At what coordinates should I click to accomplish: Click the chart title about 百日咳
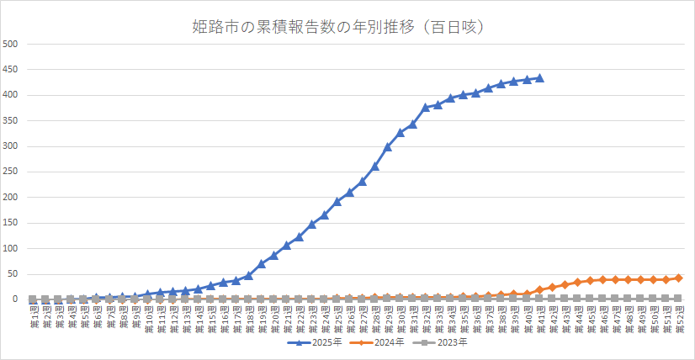tap(347, 27)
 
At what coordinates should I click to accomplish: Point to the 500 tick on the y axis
tap(12, 44)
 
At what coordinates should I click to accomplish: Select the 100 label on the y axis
tap(12, 248)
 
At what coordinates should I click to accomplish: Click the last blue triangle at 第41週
tap(539, 78)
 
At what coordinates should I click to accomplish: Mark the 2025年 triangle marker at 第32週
tap(426, 107)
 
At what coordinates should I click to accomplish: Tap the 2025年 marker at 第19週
tap(261, 263)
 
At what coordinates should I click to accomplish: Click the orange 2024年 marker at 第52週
tap(678, 278)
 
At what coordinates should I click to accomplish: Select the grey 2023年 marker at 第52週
tap(678, 299)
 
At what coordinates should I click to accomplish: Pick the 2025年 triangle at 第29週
tap(388, 147)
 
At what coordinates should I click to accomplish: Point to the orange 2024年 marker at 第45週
tap(590, 280)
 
